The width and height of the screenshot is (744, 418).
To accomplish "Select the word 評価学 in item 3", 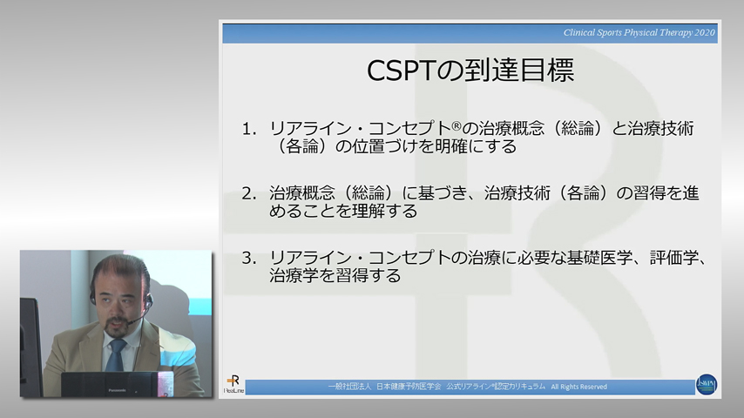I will click(x=672, y=258).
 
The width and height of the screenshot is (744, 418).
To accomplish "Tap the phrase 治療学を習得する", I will click(x=335, y=277).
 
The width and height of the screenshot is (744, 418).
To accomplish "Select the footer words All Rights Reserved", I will click(x=578, y=387).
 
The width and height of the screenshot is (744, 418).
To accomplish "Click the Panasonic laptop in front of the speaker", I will click(x=109, y=384).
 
